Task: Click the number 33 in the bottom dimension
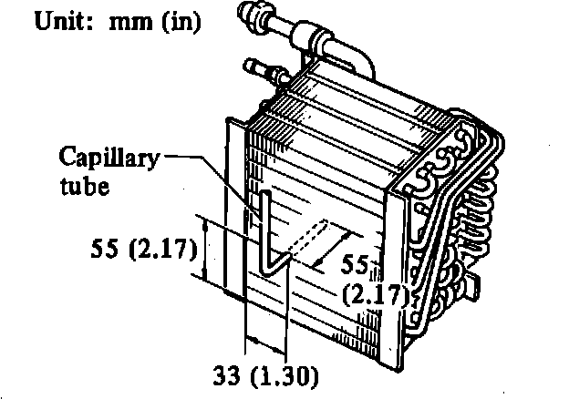[x=227, y=373]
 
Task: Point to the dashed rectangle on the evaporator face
[x=301, y=239]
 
